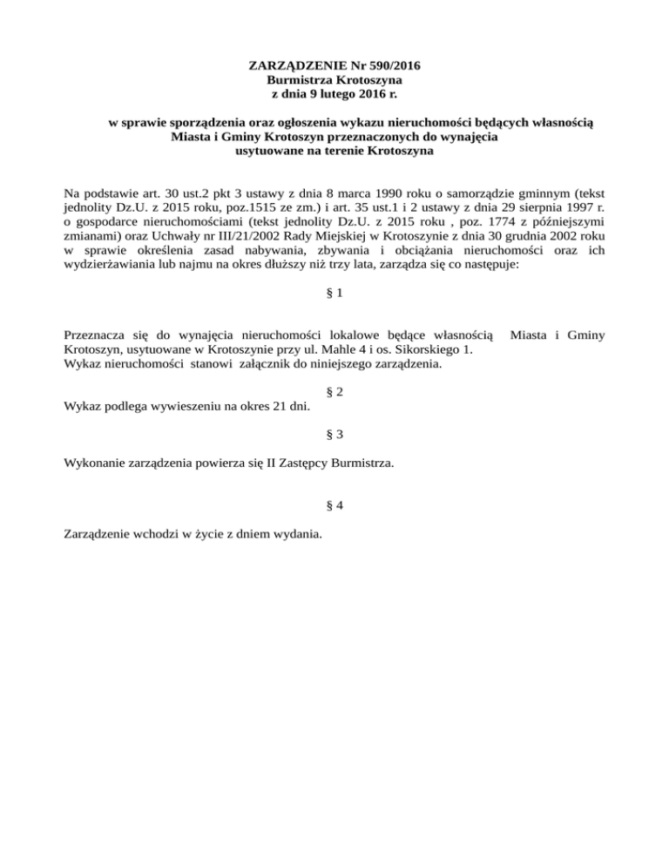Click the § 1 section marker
coord(334,294)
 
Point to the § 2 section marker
coord(334,392)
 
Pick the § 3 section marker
coord(334,435)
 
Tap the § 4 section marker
coord(334,505)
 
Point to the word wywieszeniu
coord(172,407)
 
